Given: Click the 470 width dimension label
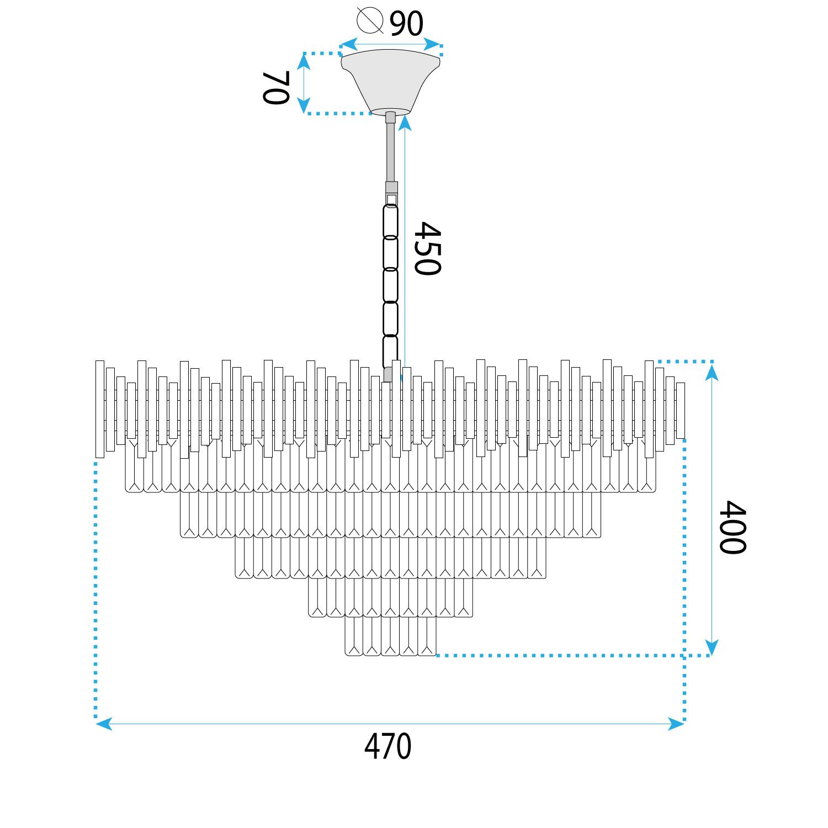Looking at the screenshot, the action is tap(388, 746).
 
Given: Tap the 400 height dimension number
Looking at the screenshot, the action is tap(733, 527).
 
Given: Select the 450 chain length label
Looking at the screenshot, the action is tap(428, 248).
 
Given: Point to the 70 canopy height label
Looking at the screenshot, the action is tap(275, 88).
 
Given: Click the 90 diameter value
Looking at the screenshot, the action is tap(407, 23).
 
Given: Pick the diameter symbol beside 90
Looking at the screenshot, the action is tap(370, 20).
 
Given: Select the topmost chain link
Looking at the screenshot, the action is tap(391, 221).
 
